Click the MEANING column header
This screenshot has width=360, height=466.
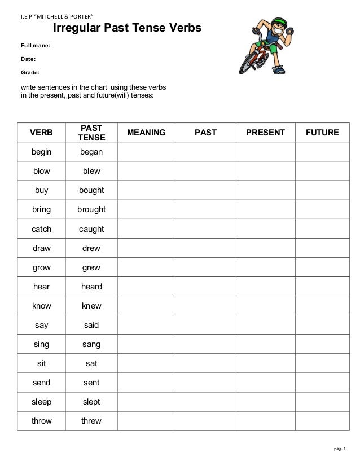[146, 133]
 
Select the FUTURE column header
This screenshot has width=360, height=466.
[322, 133]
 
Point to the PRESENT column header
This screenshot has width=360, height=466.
[265, 133]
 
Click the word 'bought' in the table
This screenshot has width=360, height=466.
[91, 190]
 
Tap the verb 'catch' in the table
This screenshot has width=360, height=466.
[41, 229]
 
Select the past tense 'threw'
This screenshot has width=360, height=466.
[91, 421]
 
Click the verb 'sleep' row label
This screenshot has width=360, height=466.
[41, 402]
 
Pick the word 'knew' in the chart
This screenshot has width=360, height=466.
[91, 306]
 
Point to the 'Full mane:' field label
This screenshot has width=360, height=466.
[36, 46]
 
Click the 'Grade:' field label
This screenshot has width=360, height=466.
[30, 73]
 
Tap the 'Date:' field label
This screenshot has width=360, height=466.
[29, 59]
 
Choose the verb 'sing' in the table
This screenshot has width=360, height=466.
[41, 344]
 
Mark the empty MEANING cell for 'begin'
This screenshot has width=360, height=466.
[146, 152]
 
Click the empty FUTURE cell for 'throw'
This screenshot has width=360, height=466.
[322, 421]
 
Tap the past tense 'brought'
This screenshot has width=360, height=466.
[91, 209]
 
